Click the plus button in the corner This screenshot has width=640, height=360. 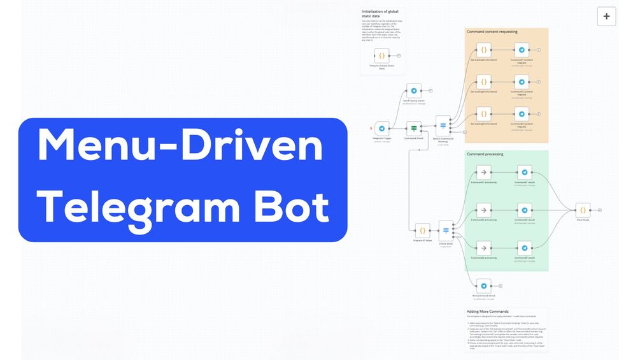pyautogui.click(x=606, y=17)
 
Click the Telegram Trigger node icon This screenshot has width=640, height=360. pyautogui.click(x=381, y=128)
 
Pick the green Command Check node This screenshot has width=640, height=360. pyautogui.click(x=414, y=128)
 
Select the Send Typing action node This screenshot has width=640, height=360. pyautogui.click(x=414, y=91)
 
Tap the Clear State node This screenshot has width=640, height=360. pyautogui.click(x=582, y=210)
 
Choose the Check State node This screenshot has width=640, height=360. pyautogui.click(x=445, y=230)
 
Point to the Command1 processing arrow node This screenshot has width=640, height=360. pyautogui.click(x=484, y=172)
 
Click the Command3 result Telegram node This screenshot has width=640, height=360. pyautogui.click(x=523, y=247)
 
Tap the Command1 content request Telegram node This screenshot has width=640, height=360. pyautogui.click(x=522, y=50)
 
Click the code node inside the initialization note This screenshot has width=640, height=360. pyautogui.click(x=381, y=55)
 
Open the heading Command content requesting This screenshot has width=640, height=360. pyautogui.click(x=492, y=31)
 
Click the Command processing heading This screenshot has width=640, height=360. pyautogui.click(x=485, y=154)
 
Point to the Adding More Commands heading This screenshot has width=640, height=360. pyautogui.click(x=487, y=312)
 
